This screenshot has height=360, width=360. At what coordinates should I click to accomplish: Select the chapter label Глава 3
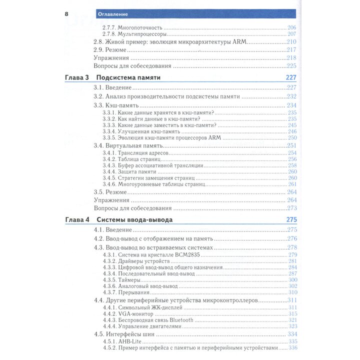pyautogui.click(x=76, y=77)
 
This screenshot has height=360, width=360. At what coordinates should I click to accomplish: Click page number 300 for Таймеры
pyautogui.click(x=292, y=279)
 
